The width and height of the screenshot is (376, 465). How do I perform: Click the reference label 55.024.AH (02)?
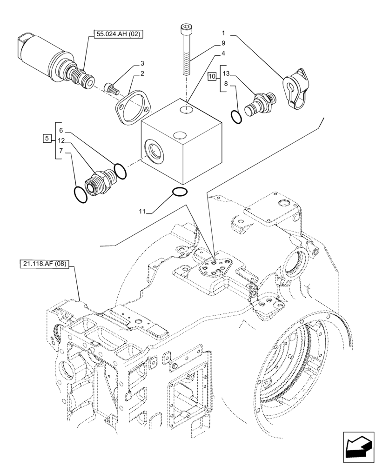[120, 33]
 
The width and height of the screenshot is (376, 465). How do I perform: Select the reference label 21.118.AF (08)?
[45, 265]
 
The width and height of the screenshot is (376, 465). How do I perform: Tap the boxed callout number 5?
[47, 138]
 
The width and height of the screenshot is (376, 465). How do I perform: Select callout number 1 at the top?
[223, 33]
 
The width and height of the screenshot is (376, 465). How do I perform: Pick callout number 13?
[226, 73]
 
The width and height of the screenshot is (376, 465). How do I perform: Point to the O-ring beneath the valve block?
[179, 191]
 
